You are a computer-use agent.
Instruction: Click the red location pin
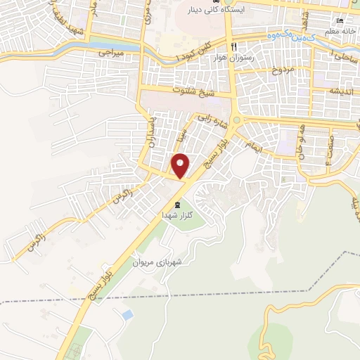tap(181, 165)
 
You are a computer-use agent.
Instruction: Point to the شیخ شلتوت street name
tap(187, 91)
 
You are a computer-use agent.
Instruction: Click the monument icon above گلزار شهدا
tap(176, 204)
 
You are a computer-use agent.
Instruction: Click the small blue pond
tap(127, 313)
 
